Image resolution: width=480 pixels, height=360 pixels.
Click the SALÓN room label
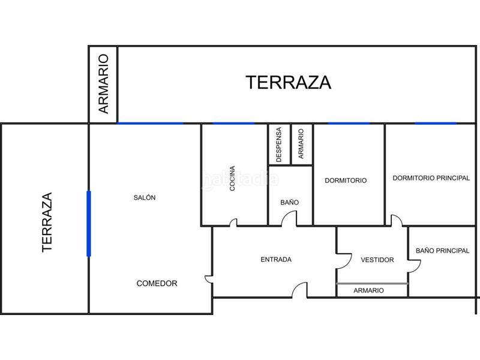[145, 197]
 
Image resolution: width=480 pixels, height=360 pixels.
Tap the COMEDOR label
[157, 283]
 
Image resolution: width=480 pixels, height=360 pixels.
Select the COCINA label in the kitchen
[232, 178]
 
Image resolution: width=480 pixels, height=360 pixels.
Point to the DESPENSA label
[278, 145]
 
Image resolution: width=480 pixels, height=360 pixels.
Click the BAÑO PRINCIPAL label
[442, 251]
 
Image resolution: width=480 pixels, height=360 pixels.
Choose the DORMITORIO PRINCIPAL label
[431, 178]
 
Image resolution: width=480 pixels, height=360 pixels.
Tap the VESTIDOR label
[377, 260]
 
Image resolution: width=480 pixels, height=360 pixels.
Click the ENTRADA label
[276, 260]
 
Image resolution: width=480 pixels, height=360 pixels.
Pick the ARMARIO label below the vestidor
[368, 290]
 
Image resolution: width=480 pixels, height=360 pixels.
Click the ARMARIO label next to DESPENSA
[301, 143]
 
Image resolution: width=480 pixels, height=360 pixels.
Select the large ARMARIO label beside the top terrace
[104, 84]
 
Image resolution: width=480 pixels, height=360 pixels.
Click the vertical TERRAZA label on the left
[47, 222]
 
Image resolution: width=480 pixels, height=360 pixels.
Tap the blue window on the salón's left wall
[89, 223]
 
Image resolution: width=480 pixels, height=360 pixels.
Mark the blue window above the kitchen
[233, 124]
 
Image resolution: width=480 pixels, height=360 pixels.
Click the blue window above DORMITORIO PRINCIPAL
[436, 124]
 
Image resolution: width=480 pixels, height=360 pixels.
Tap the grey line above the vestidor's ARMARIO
[372, 283]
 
